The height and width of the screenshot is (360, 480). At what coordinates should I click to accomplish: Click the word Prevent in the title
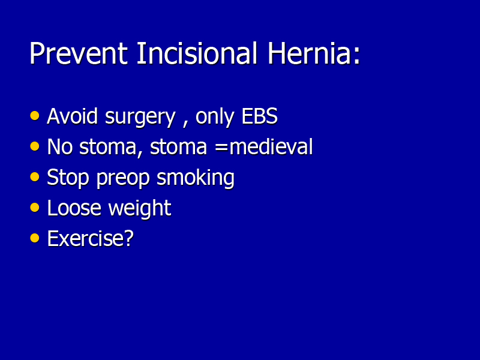79,53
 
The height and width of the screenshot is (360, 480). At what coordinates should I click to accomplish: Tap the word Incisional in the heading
197,53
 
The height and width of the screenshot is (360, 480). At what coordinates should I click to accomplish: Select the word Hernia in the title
308,53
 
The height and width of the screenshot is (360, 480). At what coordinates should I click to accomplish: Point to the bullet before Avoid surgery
35,116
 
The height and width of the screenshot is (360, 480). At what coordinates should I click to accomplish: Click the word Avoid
72,116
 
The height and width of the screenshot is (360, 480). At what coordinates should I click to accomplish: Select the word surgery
140,118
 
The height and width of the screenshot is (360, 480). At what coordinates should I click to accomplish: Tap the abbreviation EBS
260,116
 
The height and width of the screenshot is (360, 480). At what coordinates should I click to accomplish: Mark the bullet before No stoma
35,146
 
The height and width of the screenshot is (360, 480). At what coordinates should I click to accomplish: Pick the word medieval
271,147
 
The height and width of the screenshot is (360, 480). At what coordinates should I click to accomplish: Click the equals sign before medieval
221,148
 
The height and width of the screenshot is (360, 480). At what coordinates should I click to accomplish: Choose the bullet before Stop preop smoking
35,177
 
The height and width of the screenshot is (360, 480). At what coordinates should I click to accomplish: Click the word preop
123,179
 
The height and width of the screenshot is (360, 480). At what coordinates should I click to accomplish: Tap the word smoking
196,178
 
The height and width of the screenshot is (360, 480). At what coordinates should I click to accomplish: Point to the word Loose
74,208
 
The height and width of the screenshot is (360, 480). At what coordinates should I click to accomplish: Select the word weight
140,209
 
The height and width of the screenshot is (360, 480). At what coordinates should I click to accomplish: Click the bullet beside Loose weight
35,208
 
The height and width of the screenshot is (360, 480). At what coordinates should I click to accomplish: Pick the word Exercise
86,239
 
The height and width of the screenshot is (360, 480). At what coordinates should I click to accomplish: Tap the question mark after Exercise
129,238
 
